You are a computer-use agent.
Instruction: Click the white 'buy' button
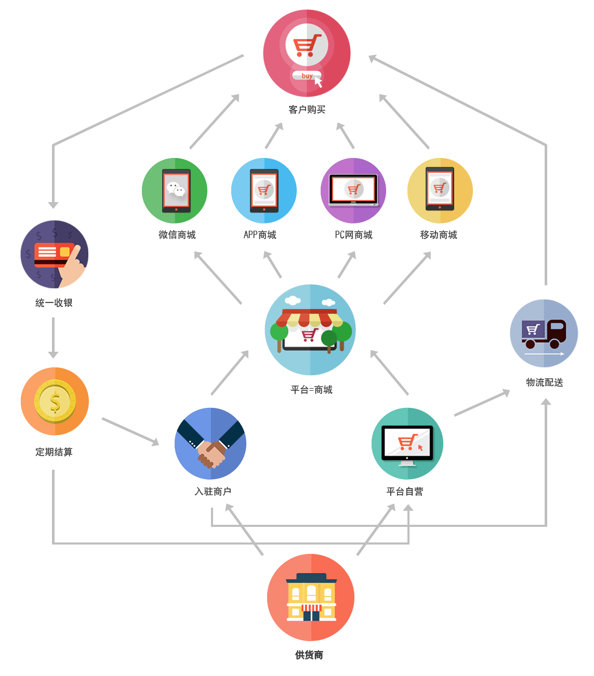click(x=306, y=76)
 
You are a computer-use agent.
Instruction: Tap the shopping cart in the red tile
click(x=306, y=45)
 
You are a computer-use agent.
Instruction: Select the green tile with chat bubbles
click(x=174, y=190)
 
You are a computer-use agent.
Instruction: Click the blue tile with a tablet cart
click(x=263, y=190)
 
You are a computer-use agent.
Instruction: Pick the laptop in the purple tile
click(x=353, y=190)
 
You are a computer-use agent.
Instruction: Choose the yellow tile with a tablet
click(x=440, y=190)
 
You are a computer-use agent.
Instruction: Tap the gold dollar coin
click(x=55, y=401)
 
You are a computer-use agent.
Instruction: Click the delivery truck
click(x=544, y=333)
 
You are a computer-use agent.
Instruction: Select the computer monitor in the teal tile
click(x=407, y=445)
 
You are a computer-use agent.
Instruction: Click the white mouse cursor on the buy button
click(x=318, y=82)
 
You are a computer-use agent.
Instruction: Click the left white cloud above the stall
click(x=293, y=300)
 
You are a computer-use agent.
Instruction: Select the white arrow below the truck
click(x=544, y=354)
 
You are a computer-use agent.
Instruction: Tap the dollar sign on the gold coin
click(x=55, y=402)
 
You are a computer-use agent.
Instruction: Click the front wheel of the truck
click(x=555, y=343)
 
